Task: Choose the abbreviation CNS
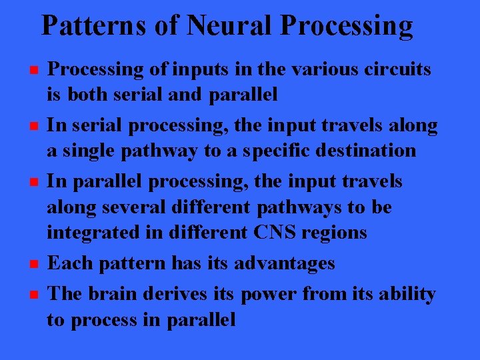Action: point(286,233)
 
